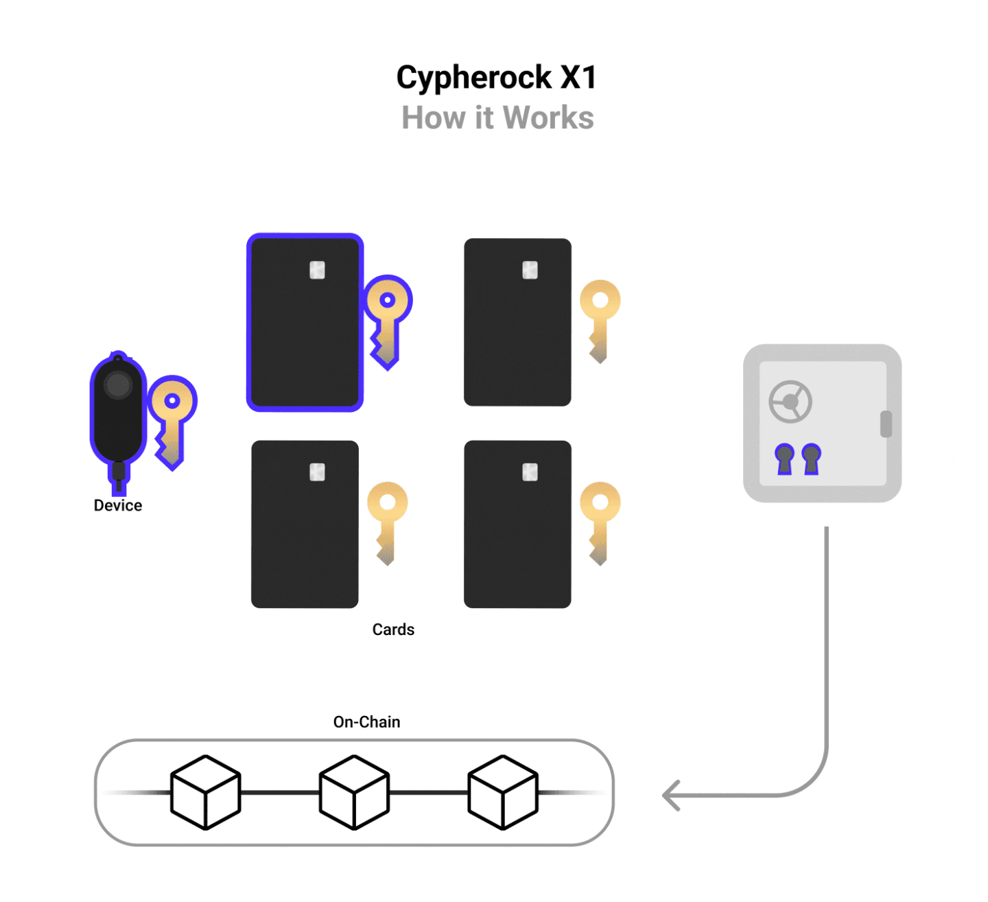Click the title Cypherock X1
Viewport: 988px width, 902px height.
click(496, 78)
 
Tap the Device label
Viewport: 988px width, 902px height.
click(118, 506)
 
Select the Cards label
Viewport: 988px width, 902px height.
click(393, 629)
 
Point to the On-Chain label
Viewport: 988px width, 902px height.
click(366, 722)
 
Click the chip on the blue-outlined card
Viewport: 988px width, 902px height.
click(317, 270)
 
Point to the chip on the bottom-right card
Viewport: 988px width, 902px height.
click(530, 472)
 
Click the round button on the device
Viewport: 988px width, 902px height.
click(118, 385)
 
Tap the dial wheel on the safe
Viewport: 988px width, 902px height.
click(790, 402)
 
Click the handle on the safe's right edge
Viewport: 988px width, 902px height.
click(886, 424)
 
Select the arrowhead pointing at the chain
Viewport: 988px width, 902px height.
click(670, 796)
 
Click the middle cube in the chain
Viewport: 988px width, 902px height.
click(354, 792)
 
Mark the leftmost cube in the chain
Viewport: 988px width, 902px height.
click(205, 792)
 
